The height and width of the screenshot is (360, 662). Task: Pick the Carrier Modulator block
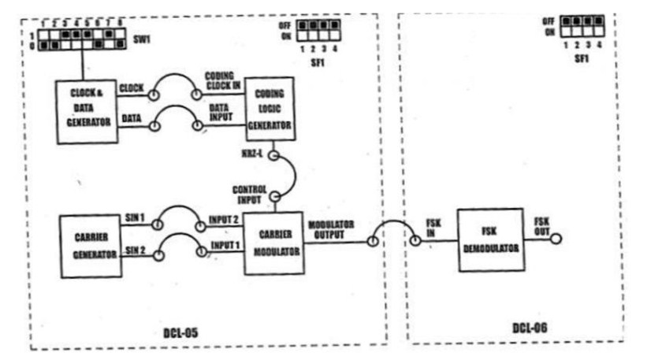273,243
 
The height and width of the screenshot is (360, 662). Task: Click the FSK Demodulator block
490,239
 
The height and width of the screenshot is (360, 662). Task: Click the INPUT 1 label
226,247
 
